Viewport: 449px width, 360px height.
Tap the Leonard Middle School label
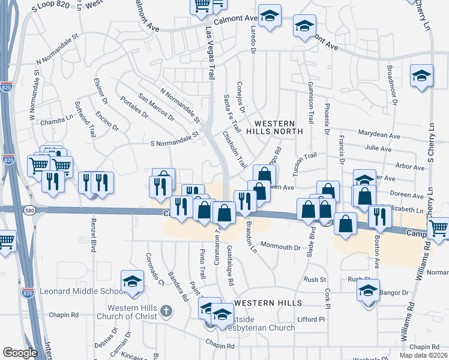pos(82,292)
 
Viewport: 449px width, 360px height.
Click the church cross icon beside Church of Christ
pos(167,311)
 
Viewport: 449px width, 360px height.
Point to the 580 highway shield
pos(29,210)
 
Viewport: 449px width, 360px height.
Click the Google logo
pos(20,353)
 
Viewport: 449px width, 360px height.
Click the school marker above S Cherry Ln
pos(421,76)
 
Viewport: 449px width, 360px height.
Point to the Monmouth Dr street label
pos(280,247)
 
